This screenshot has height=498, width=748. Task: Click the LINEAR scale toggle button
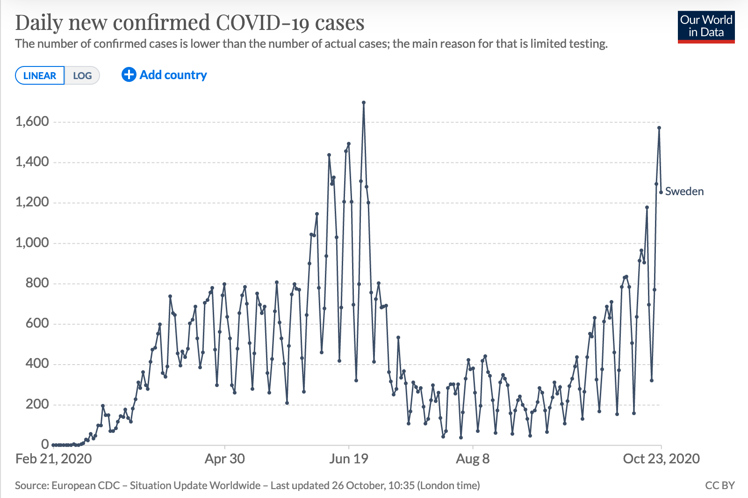(40, 76)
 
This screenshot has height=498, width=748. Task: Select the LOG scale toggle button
(82, 76)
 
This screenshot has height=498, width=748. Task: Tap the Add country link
(173, 75)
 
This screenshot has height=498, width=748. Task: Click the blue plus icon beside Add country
(129, 75)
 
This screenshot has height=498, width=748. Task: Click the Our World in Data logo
(706, 27)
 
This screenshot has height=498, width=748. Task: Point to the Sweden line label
(684, 191)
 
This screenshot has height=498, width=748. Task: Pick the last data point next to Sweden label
(661, 192)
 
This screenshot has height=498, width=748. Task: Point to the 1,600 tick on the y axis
(32, 122)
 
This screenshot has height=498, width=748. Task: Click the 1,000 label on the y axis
(32, 242)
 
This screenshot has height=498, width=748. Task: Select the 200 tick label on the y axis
(37, 404)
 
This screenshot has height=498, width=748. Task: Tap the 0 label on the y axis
(45, 444)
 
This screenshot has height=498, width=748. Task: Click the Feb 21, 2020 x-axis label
(54, 459)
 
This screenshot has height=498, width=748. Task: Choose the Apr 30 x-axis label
(225, 459)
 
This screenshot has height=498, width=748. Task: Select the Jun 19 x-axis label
(349, 459)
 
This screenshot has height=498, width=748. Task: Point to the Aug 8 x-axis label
(473, 459)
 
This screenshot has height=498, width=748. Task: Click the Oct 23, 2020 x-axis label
(661, 459)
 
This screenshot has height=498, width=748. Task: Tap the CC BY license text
(720, 485)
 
